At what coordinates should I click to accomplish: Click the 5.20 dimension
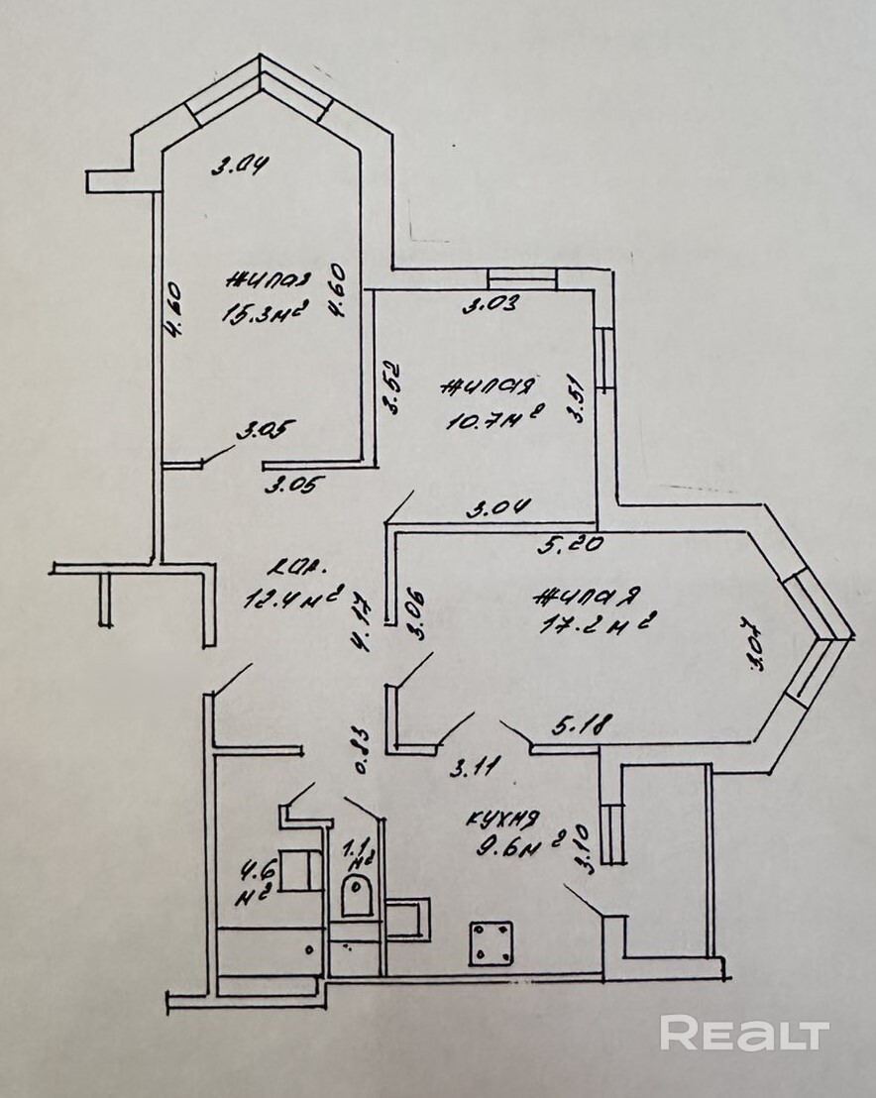click(x=565, y=543)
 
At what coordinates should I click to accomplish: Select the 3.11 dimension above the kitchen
click(x=475, y=766)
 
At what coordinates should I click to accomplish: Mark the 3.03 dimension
click(x=493, y=305)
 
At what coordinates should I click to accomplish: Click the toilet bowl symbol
click(x=356, y=896)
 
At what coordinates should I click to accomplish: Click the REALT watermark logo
click(x=744, y=1034)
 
